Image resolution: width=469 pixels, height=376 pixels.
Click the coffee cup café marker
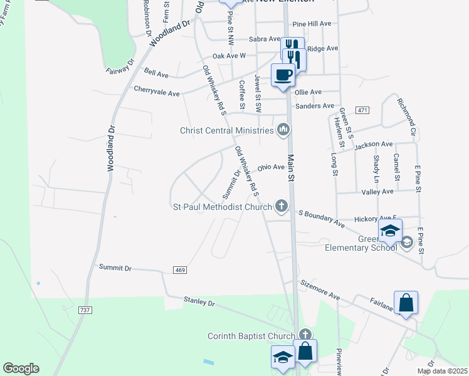pos(283,75)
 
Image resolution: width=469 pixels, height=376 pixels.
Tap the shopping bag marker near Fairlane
pos(406,303)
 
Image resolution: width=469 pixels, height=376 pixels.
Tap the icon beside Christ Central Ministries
pos(283,130)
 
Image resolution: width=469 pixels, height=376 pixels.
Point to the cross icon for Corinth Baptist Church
pos(305,335)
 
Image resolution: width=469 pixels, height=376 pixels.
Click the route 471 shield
pos(362,110)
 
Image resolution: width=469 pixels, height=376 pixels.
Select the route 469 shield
pos(181,269)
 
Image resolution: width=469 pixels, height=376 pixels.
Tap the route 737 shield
pos(86,310)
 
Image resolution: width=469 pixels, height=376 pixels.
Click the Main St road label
pos(291,167)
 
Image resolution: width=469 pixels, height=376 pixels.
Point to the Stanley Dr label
pos(199,302)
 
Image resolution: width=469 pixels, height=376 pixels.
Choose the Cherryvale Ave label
pos(157,91)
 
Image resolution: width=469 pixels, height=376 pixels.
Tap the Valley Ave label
pos(379,192)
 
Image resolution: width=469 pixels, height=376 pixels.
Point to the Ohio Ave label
pos(271,167)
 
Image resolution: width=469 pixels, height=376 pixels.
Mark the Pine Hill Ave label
pos(312,23)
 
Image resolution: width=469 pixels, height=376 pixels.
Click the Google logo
pos(21,368)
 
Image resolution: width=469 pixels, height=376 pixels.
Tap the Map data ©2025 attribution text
pos(442,371)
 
